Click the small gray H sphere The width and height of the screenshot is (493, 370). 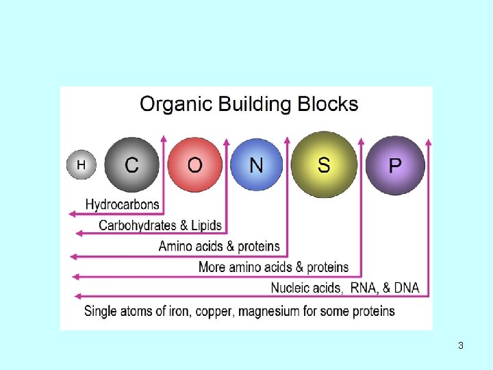pyautogui.click(x=81, y=165)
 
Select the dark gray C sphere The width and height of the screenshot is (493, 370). pyautogui.click(x=131, y=165)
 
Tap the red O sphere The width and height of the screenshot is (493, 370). pyautogui.click(x=194, y=165)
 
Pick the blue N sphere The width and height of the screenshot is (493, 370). pyautogui.click(x=256, y=165)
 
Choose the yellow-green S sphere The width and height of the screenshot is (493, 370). pyautogui.click(x=323, y=164)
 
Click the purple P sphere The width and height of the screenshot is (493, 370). pyautogui.click(x=395, y=166)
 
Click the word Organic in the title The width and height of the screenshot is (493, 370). pyautogui.click(x=176, y=105)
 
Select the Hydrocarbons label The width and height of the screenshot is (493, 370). pyautogui.click(x=122, y=204)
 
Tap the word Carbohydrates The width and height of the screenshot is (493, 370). pyautogui.click(x=137, y=225)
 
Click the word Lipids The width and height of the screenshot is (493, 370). pyautogui.click(x=206, y=225)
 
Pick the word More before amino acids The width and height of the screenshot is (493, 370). pyautogui.click(x=212, y=267)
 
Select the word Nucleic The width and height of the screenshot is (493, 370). pyautogui.click(x=293, y=288)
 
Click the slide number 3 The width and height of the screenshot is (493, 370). pyautogui.click(x=461, y=346)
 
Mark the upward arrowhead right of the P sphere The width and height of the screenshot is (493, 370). pyautogui.click(x=429, y=143)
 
